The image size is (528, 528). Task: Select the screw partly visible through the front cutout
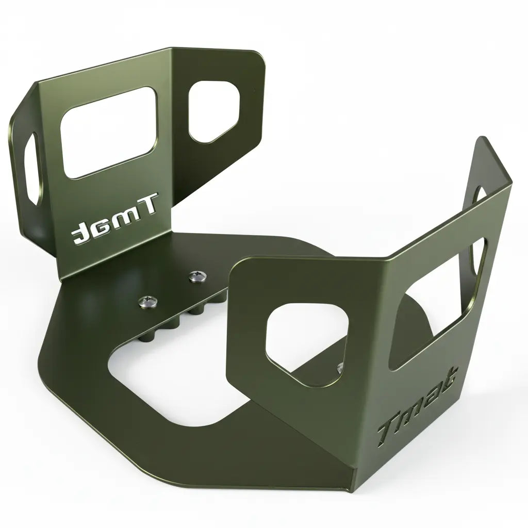[x=340, y=368]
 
